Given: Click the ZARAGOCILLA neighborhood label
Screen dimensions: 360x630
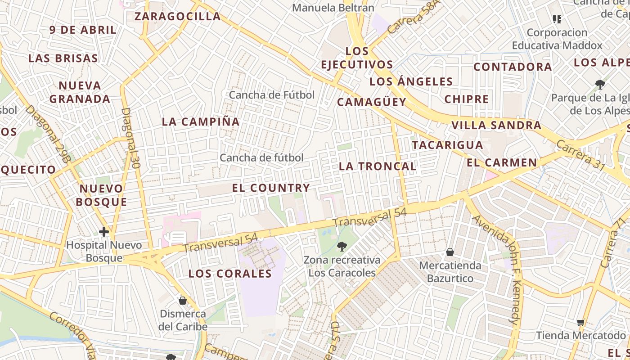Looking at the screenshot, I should (178, 17).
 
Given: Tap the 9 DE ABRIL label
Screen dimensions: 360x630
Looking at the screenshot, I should (83, 30).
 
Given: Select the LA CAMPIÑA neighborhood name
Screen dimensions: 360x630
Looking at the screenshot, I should (201, 121).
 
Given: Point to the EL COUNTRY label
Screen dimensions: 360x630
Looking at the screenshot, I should (271, 188).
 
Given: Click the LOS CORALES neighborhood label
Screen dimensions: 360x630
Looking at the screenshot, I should (230, 274).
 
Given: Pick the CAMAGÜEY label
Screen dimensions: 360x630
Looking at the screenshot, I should (372, 102).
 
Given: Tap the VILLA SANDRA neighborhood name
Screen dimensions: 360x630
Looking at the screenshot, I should (496, 125).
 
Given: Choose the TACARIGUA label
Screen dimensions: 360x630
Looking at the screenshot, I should (447, 145).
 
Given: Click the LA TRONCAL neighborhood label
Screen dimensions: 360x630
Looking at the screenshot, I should (377, 166).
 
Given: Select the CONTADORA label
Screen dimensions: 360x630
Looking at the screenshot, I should (513, 67).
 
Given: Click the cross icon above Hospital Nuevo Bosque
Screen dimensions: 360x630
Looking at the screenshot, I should (104, 232).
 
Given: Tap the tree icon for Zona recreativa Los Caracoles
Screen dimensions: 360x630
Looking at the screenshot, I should (342, 246).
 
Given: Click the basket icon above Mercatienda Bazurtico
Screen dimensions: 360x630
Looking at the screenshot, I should (450, 252).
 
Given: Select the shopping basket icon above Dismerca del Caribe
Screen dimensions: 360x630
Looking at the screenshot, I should (183, 300).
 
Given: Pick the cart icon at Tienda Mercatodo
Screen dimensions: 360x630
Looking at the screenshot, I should (581, 322).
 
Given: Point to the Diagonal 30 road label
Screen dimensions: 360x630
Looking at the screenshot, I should (131, 138).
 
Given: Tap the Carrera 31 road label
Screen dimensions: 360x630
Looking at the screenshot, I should (580, 155).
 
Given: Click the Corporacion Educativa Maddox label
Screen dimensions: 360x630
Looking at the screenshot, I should (557, 39).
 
